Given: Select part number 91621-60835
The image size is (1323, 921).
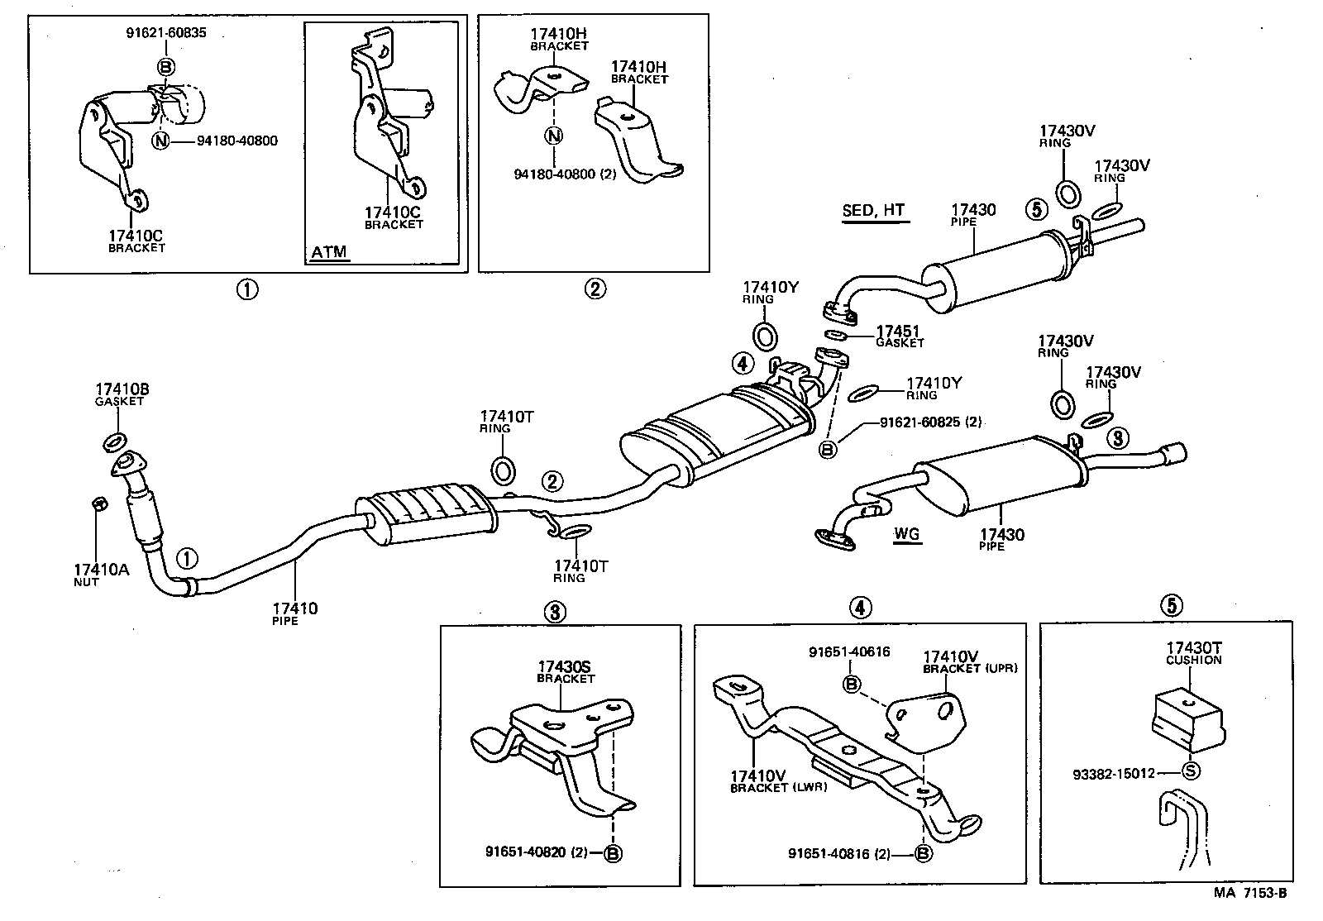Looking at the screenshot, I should tap(165, 34).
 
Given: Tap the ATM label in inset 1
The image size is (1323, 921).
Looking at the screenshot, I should tap(328, 252).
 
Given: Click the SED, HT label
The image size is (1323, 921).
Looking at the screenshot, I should tap(873, 211).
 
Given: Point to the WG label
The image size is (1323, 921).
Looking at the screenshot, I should tap(906, 534).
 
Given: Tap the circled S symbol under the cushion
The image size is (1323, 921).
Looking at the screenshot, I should tap(1191, 771).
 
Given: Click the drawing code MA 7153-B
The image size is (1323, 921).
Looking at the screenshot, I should tap(1250, 893).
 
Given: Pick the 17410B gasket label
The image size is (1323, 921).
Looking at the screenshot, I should tap(121, 394).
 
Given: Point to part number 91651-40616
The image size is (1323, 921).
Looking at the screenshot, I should tap(848, 651).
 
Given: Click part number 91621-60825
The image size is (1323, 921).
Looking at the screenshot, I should tap(919, 422).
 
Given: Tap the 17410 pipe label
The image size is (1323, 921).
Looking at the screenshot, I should tap(296, 613).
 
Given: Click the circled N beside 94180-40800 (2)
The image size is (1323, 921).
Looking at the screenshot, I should tap(554, 136).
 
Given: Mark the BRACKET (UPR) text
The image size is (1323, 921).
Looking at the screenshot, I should tap(970, 668).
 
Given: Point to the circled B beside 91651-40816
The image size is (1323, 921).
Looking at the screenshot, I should tap(923, 853).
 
